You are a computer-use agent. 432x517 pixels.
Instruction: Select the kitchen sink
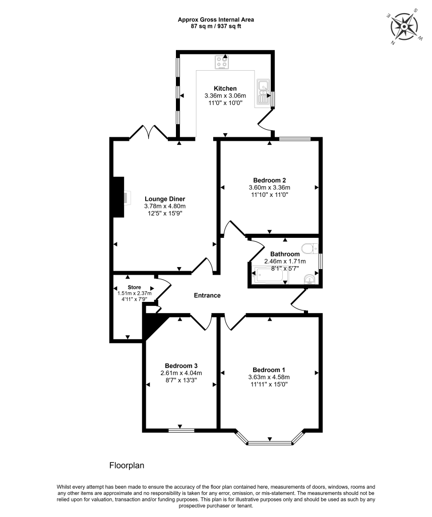[x=263, y=92]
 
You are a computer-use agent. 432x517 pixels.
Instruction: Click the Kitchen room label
[x=225, y=88]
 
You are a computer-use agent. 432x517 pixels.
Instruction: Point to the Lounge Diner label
[x=165, y=198]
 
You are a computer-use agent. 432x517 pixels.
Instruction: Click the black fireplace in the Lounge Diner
[x=118, y=197]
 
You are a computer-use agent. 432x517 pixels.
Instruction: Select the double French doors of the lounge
[x=148, y=132]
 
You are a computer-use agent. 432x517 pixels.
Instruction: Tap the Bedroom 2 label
[x=270, y=180]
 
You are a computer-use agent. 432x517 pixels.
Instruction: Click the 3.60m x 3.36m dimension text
[x=270, y=187]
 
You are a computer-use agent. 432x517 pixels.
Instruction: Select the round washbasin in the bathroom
[x=310, y=279]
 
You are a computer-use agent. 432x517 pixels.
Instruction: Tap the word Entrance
[x=207, y=295]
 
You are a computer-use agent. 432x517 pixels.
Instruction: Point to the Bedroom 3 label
[x=181, y=366]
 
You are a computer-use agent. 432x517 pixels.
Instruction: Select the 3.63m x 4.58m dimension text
[x=269, y=377]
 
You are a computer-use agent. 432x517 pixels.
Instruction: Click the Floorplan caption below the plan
[x=127, y=465]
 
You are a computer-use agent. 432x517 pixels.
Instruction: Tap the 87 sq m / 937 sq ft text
[x=216, y=26]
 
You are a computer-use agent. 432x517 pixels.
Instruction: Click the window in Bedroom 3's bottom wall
[x=181, y=430]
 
